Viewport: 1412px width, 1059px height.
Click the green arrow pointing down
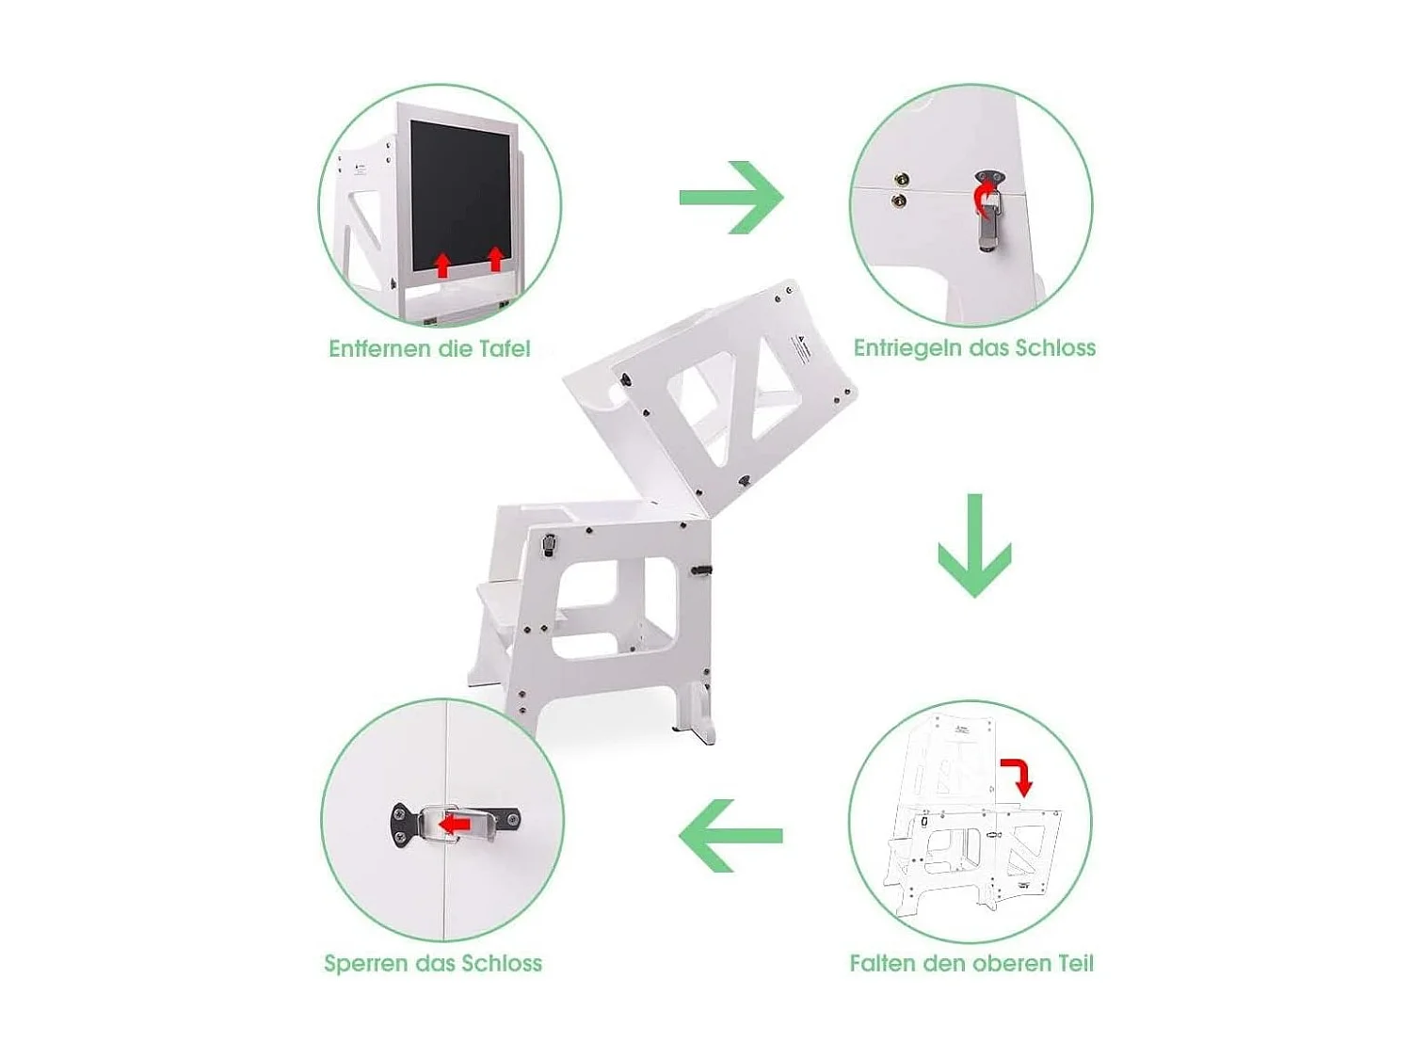pos(974,546)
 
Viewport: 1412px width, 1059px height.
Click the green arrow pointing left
pos(730,836)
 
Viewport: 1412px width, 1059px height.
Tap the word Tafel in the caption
pos(504,349)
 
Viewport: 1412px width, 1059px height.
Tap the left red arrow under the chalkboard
pos(442,265)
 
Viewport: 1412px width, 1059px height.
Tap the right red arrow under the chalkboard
pos(495,258)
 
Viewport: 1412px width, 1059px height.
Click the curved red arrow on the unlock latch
pos(983,199)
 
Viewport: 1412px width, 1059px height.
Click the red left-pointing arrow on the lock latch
pos(456,824)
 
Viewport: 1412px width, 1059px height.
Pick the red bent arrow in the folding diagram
pos(1018,775)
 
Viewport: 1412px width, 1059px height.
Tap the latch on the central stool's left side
pos(549,545)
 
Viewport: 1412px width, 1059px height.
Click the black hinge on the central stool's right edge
pos(701,570)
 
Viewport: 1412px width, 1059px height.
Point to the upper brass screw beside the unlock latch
pos(902,179)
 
